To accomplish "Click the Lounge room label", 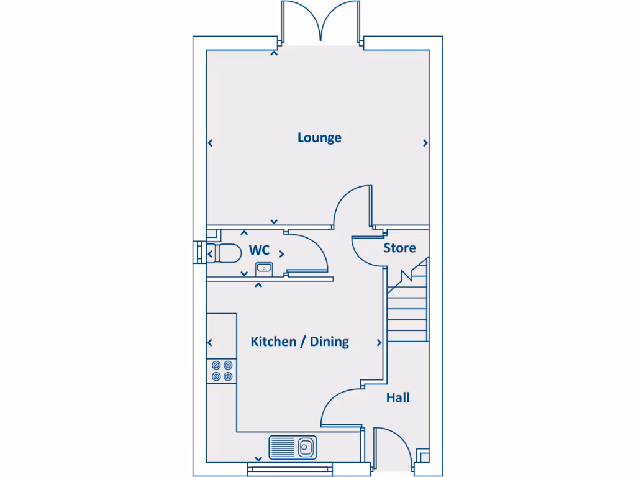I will [319, 137].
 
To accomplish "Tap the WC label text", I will [259, 250].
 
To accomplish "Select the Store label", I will [399, 248].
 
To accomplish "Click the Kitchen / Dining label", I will [299, 342].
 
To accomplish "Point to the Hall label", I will [397, 397].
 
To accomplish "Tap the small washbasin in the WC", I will [263, 269].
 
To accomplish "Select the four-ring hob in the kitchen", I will [222, 371].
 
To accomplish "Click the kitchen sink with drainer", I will [293, 446].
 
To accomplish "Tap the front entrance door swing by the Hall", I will [391, 447].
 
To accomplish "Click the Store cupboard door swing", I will [366, 252].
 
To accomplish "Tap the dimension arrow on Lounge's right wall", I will [425, 143].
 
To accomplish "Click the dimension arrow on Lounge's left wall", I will [211, 143].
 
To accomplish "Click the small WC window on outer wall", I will [199, 252].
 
